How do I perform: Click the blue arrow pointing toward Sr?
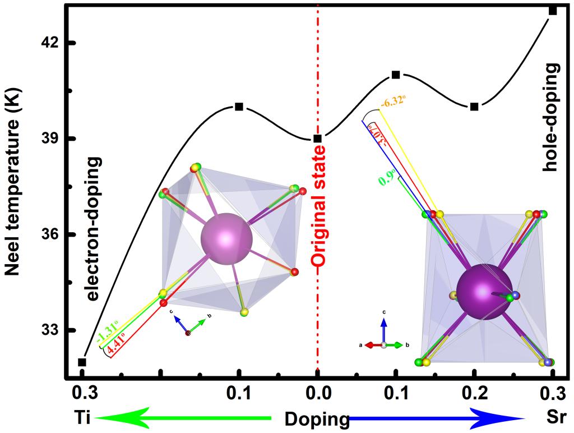[x=437, y=418]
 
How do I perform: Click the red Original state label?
[x=319, y=207]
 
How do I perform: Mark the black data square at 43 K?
[x=553, y=11]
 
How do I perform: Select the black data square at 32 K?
[x=82, y=362]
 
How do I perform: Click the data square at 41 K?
[x=396, y=75]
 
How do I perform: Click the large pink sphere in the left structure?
[x=226, y=238]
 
